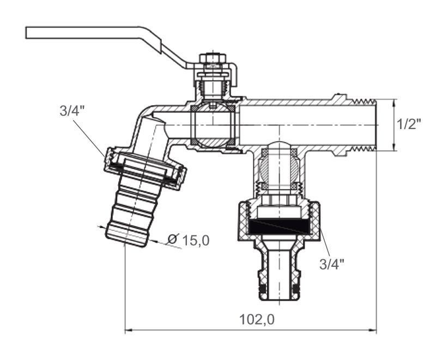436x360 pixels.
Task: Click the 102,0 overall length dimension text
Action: [x=257, y=320]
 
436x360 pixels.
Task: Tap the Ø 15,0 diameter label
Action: [x=189, y=240]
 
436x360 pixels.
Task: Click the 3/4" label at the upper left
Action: [x=72, y=111]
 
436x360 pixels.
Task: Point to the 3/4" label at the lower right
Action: [x=332, y=264]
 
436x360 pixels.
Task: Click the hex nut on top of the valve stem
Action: [x=213, y=59]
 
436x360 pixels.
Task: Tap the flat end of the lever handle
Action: [x=26, y=33]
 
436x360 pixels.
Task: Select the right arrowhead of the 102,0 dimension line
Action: [x=373, y=330]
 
